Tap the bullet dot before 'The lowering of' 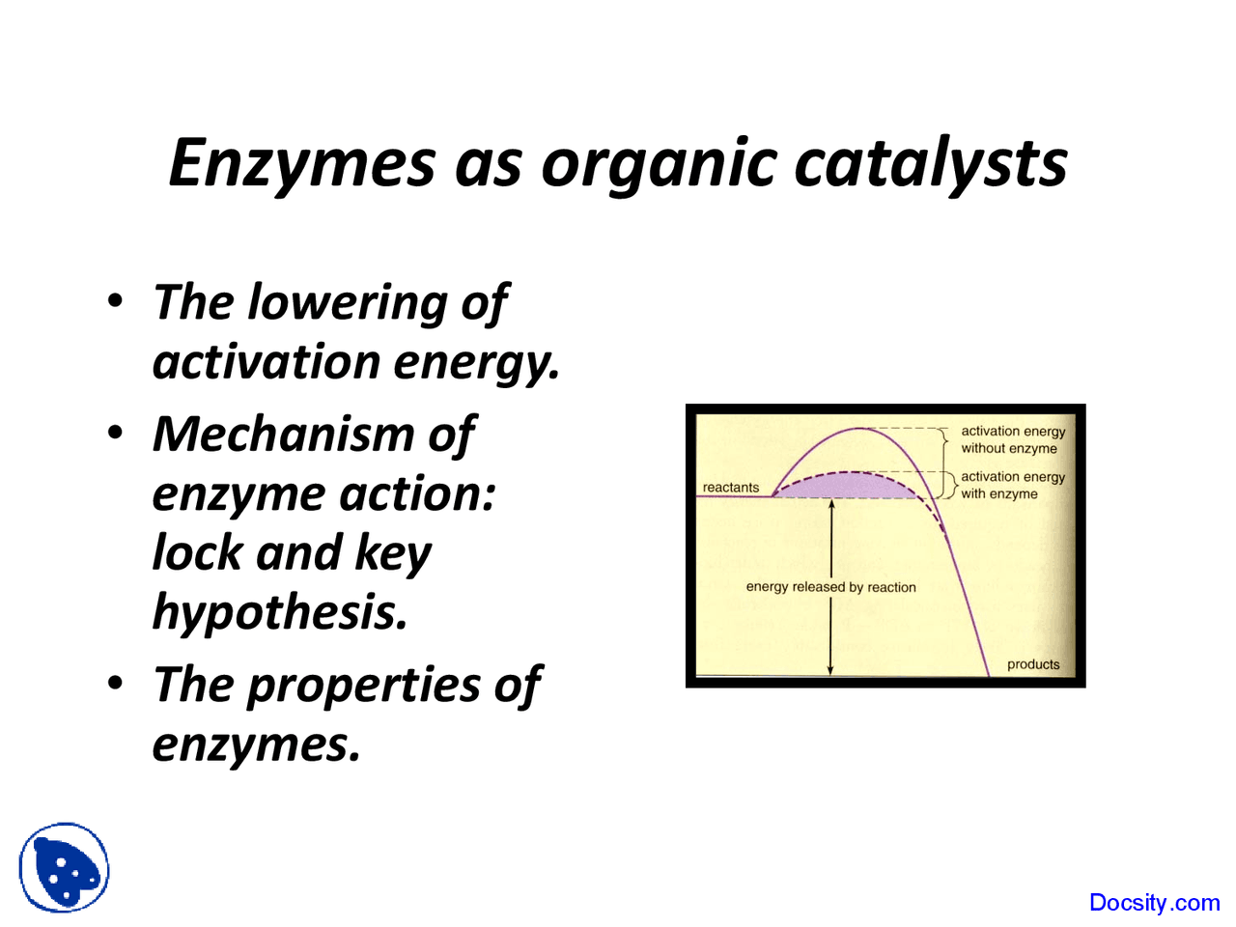[116, 300]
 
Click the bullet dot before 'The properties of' [116, 684]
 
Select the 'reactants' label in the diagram [731, 488]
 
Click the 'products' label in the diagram [1033, 664]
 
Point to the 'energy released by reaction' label [830, 587]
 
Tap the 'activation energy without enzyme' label [1013, 439]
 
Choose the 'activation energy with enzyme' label [1013, 485]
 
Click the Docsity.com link [1154, 903]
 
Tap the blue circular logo [64, 867]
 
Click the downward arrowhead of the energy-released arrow [830, 669]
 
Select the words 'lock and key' [292, 553]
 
